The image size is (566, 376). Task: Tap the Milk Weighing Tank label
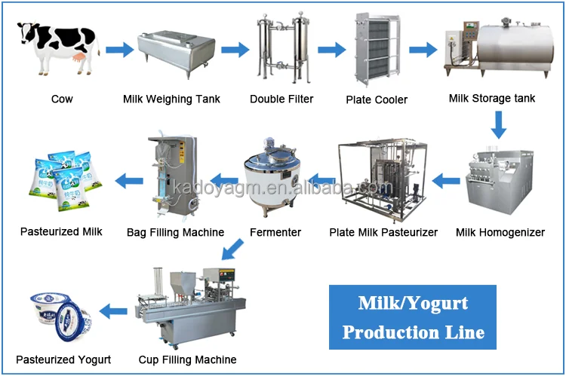point(172,99)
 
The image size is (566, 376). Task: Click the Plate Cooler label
point(377,99)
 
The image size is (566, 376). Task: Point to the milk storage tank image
point(500,51)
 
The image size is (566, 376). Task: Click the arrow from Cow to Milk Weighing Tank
point(119,50)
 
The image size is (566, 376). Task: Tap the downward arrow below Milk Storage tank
point(498,124)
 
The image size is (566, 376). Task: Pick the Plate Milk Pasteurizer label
point(383,232)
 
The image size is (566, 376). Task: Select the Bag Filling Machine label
point(176,232)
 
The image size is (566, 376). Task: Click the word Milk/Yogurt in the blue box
point(413,304)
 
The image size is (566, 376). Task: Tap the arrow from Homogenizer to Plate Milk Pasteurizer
point(445,181)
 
